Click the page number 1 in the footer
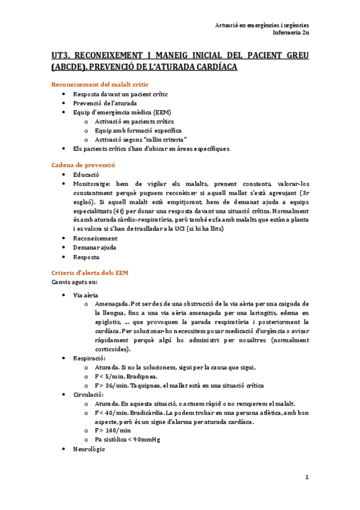(x=307, y=478)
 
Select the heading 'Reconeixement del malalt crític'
(x=100, y=84)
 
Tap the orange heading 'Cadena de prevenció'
(x=84, y=165)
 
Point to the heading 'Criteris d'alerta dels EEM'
(x=90, y=272)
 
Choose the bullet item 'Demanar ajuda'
(x=95, y=247)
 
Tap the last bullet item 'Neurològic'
(x=89, y=449)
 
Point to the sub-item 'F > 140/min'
(x=112, y=431)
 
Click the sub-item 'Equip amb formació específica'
(x=138, y=130)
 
